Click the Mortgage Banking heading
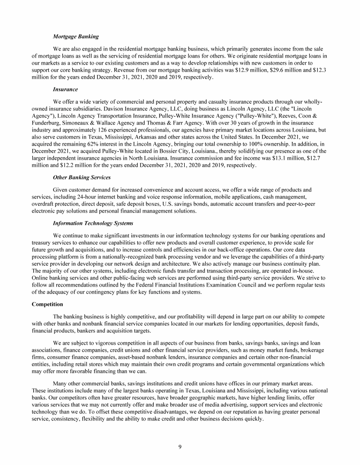tap(75, 37)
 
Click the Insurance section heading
tap(65, 89)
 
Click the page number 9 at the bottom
tap(180, 446)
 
